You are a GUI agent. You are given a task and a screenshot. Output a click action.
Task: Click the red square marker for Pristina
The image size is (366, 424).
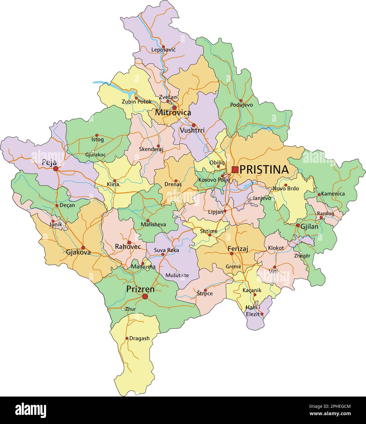pos(235,169)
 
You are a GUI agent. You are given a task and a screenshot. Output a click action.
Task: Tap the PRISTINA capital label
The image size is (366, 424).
pos(264,170)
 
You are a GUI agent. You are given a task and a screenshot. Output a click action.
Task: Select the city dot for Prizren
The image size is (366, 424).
pos(145,296)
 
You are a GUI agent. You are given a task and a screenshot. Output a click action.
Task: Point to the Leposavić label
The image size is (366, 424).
pos(163,50)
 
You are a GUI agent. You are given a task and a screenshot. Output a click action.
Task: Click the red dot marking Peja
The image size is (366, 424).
pos(56,169)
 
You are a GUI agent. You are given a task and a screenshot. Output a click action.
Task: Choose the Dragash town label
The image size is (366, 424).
pos(139,338)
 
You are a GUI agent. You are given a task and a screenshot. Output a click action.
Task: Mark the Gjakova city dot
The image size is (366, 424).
pos(83,248)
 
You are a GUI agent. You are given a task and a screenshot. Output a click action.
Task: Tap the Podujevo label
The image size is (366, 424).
pos(241,105)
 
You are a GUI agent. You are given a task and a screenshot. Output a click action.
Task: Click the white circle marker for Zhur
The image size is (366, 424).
pos(123,309)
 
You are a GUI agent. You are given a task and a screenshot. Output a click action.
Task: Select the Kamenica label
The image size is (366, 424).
pos(333,194)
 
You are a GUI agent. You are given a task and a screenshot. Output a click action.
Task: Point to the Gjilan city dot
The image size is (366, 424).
pos(298,225)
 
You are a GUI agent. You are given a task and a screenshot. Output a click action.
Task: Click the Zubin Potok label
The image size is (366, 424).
pos(137,102)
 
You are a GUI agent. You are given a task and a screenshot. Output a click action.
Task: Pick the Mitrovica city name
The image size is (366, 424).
pos(173,113)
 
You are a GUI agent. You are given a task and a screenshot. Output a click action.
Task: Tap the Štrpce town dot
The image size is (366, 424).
pos(205,290)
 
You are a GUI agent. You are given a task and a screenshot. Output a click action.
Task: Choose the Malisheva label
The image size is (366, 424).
pos(153,225)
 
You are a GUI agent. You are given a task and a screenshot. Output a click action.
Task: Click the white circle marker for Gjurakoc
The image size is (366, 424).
pos(93,152)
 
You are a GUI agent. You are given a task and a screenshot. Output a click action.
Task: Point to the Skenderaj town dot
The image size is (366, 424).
pos(158,146)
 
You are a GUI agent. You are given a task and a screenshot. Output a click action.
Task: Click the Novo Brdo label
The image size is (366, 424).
pos(285,189)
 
